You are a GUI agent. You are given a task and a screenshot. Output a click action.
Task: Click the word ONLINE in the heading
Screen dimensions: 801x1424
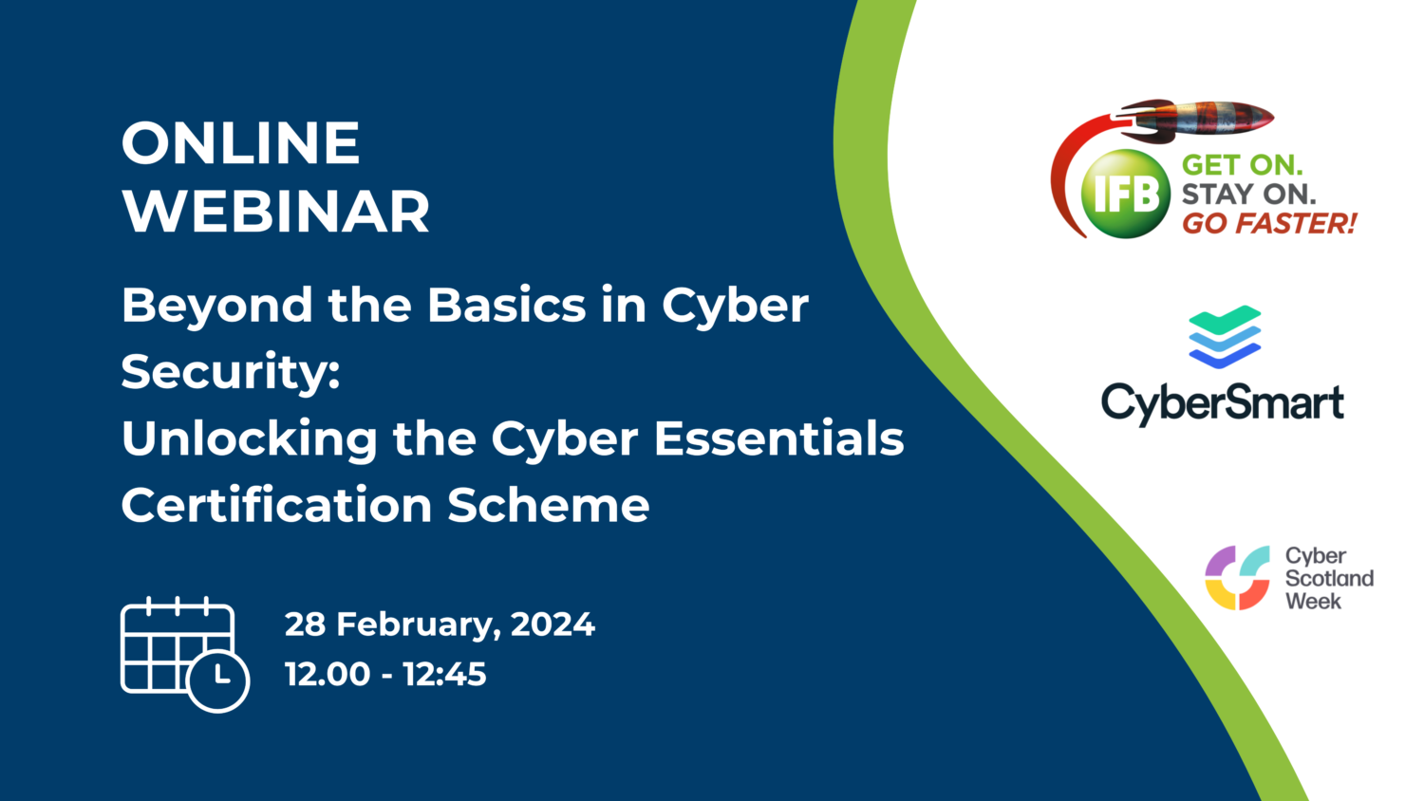[x=240, y=143]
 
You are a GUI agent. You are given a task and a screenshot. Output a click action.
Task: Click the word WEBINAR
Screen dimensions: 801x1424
[x=275, y=211]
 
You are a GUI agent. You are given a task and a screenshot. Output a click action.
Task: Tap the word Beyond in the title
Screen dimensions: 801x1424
[x=217, y=307]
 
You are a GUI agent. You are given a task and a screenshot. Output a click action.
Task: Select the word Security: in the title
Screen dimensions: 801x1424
[x=231, y=372]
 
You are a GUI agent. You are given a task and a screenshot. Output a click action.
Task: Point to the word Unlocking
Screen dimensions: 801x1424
[x=250, y=439]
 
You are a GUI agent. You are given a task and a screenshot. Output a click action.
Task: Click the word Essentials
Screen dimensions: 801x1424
[x=778, y=438]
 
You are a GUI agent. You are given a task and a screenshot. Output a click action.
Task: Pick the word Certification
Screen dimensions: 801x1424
[x=276, y=505]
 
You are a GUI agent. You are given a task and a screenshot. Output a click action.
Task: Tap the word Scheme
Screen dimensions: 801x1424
[x=549, y=505]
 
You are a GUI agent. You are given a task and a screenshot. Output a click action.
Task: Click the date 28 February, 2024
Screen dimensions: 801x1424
[x=440, y=624]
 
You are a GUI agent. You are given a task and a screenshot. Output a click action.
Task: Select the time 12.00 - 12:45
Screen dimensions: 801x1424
[x=385, y=675]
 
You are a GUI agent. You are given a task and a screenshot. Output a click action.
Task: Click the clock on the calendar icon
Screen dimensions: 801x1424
[x=217, y=680]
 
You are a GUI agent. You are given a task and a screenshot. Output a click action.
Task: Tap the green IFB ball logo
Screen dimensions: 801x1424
[x=1126, y=194]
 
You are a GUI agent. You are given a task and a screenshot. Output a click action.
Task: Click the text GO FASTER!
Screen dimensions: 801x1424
[x=1268, y=224]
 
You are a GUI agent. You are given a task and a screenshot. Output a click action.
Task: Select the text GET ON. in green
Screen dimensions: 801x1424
[x=1242, y=165]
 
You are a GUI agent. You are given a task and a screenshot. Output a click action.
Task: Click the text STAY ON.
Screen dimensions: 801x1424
[x=1248, y=195]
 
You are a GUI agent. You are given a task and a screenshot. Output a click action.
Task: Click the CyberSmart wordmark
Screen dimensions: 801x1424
[x=1222, y=403]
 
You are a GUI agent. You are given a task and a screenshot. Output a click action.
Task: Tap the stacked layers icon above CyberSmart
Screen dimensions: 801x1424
[x=1225, y=337]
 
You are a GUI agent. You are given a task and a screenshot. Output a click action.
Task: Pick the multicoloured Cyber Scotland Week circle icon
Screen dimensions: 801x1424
[x=1237, y=577]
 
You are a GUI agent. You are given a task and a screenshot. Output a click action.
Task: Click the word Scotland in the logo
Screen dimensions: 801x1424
[x=1329, y=578]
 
